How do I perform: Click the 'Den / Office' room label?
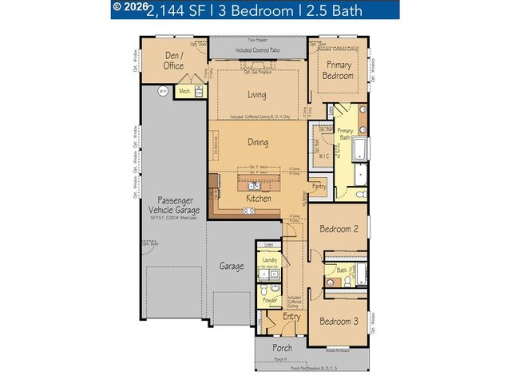click(x=173, y=61)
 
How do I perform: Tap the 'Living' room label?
click(x=256, y=94)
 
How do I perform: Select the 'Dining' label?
click(x=256, y=144)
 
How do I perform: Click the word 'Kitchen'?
click(x=258, y=198)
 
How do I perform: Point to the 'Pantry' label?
click(x=319, y=186)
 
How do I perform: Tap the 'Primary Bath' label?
click(x=345, y=133)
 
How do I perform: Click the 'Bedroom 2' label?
click(x=339, y=230)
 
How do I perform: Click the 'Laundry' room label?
click(x=269, y=260)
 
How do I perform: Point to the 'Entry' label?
click(x=291, y=318)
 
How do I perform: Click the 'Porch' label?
click(x=282, y=348)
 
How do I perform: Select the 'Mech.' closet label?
click(x=184, y=92)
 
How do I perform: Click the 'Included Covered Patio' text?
click(x=257, y=50)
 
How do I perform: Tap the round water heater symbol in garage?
click(x=162, y=91)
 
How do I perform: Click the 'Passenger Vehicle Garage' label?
click(x=173, y=205)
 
